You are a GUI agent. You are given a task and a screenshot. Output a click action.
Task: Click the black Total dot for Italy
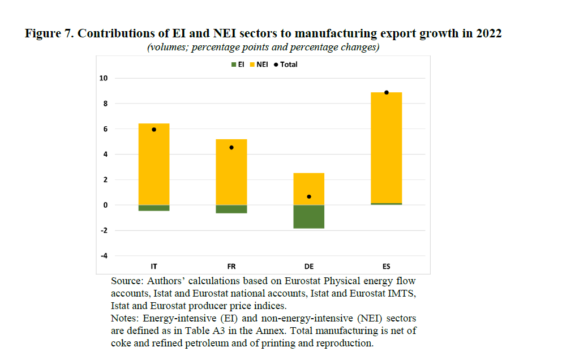pos(154,130)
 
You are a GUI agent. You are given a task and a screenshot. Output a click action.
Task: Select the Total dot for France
pos(231,148)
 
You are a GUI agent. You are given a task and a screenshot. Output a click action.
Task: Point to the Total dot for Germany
pos(309,196)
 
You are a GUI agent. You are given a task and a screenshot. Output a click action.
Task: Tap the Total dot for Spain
pos(387,92)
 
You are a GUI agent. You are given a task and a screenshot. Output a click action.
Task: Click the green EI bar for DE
pos(309,217)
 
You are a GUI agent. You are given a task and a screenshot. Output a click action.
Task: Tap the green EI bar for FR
pos(231,209)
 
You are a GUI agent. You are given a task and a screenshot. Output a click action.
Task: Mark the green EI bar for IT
pos(154,208)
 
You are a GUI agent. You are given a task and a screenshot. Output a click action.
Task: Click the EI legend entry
pos(237,65)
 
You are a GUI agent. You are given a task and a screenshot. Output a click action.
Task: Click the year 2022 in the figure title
pos(488,34)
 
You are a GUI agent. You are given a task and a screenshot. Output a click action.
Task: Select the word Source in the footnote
pos(126,281)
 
